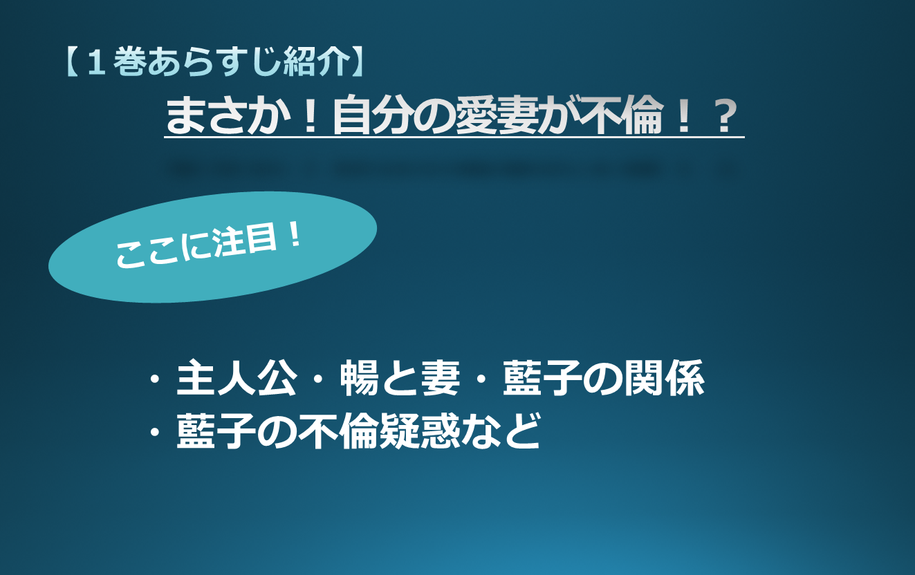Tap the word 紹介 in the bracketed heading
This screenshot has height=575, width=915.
pyautogui.click(x=316, y=62)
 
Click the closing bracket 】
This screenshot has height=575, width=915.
pyautogui.click(x=357, y=62)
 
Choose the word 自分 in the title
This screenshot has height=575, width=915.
pyautogui.click(x=373, y=115)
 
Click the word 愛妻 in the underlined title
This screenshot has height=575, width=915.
pyautogui.click(x=496, y=115)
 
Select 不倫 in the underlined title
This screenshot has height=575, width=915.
pyautogui.click(x=621, y=115)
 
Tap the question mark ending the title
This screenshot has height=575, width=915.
pyautogui.click(x=725, y=116)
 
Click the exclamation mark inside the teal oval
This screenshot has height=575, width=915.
pyautogui.click(x=294, y=236)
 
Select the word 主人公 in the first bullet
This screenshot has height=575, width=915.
pyautogui.click(x=237, y=378)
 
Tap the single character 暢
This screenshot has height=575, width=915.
pyautogui.click(x=360, y=378)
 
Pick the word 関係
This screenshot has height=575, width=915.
pyautogui.click(x=664, y=378)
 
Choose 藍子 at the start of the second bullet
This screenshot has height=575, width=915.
pyautogui.click(x=216, y=431)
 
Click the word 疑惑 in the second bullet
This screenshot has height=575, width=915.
pyautogui.click(x=420, y=431)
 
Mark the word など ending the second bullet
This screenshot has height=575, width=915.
pyautogui.click(x=501, y=431)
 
